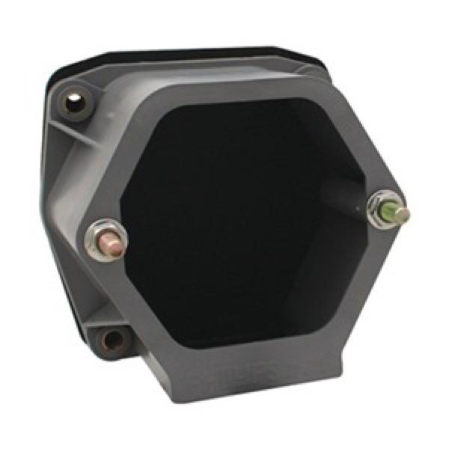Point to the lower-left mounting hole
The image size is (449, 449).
click(x=112, y=340)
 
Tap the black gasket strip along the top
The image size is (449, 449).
click(x=187, y=57)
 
